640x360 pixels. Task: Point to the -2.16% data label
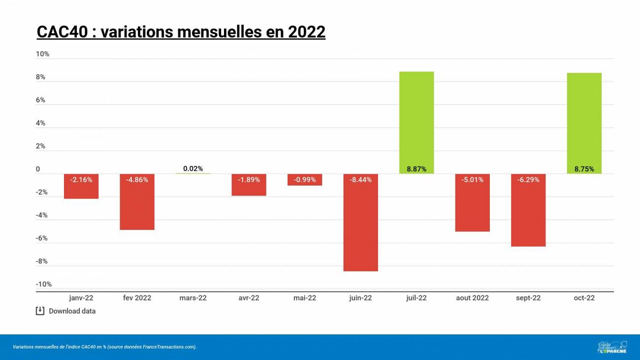[81, 180]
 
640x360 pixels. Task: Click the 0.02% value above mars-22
[193, 168]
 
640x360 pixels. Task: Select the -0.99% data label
[305, 180]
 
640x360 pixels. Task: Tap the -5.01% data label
[472, 180]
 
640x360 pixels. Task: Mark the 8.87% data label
[416, 169]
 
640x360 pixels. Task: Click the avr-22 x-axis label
[249, 298]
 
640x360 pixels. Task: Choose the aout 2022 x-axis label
[472, 298]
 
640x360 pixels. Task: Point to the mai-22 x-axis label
[305, 298]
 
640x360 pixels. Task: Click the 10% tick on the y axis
[43, 54]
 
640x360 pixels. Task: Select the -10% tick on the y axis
[43, 284]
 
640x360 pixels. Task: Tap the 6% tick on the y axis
[40, 100]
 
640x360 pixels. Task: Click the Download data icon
[40, 311]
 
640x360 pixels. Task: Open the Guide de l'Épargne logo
[612, 347]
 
